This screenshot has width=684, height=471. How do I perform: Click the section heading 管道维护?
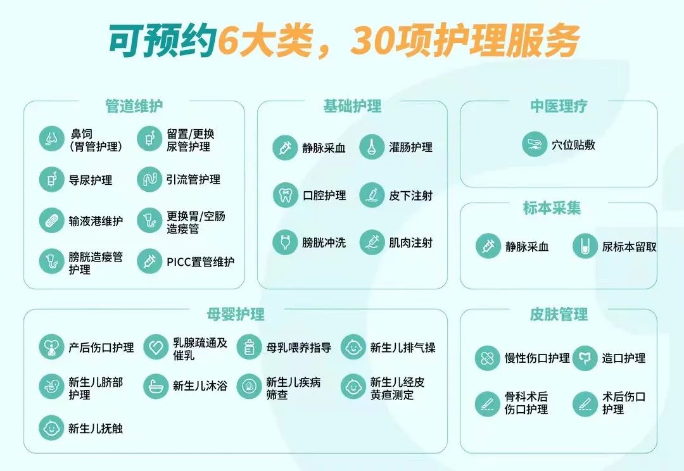(x=134, y=106)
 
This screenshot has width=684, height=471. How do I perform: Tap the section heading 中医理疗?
(x=559, y=106)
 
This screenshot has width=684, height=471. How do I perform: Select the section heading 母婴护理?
(x=236, y=314)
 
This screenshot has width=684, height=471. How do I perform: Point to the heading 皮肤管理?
(x=559, y=314)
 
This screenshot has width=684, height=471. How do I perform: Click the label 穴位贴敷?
(x=573, y=145)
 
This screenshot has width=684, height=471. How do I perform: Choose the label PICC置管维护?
(x=200, y=261)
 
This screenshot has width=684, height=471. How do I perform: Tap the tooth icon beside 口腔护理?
(x=285, y=195)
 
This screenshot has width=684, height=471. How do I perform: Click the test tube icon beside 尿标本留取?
(x=585, y=246)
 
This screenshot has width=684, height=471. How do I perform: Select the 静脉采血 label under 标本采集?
(x=527, y=247)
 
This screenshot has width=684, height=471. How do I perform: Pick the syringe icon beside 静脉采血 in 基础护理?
(x=285, y=148)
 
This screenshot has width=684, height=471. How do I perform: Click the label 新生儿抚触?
(x=96, y=428)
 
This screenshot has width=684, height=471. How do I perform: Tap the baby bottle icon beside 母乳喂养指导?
(x=249, y=348)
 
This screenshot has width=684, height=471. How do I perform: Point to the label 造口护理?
(x=624, y=358)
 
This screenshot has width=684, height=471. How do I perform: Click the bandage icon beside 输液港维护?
(x=51, y=220)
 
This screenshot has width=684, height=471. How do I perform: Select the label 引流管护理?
(x=193, y=179)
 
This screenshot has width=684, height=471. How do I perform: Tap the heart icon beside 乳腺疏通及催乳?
(x=156, y=348)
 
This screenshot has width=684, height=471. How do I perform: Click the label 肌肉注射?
(x=411, y=242)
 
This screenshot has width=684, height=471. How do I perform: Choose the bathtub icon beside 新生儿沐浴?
(x=156, y=386)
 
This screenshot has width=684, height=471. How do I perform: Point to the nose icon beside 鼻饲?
(x=51, y=139)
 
